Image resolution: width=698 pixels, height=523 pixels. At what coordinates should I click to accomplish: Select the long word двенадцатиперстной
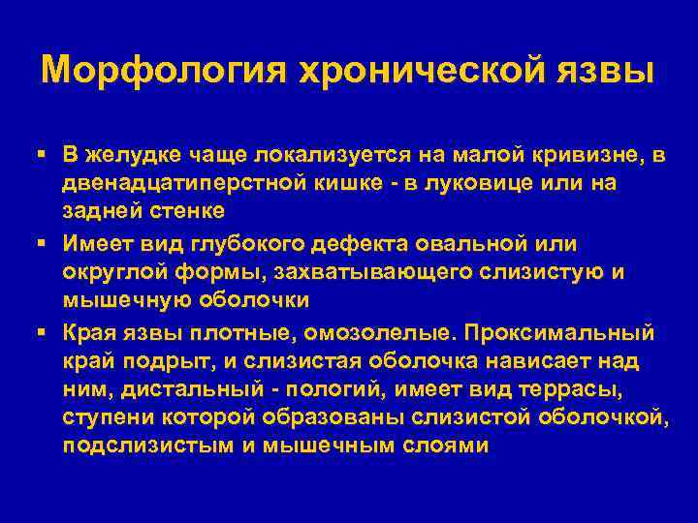pos(192,183)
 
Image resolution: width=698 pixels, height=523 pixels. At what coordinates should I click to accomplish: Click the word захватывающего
pos(333,272)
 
